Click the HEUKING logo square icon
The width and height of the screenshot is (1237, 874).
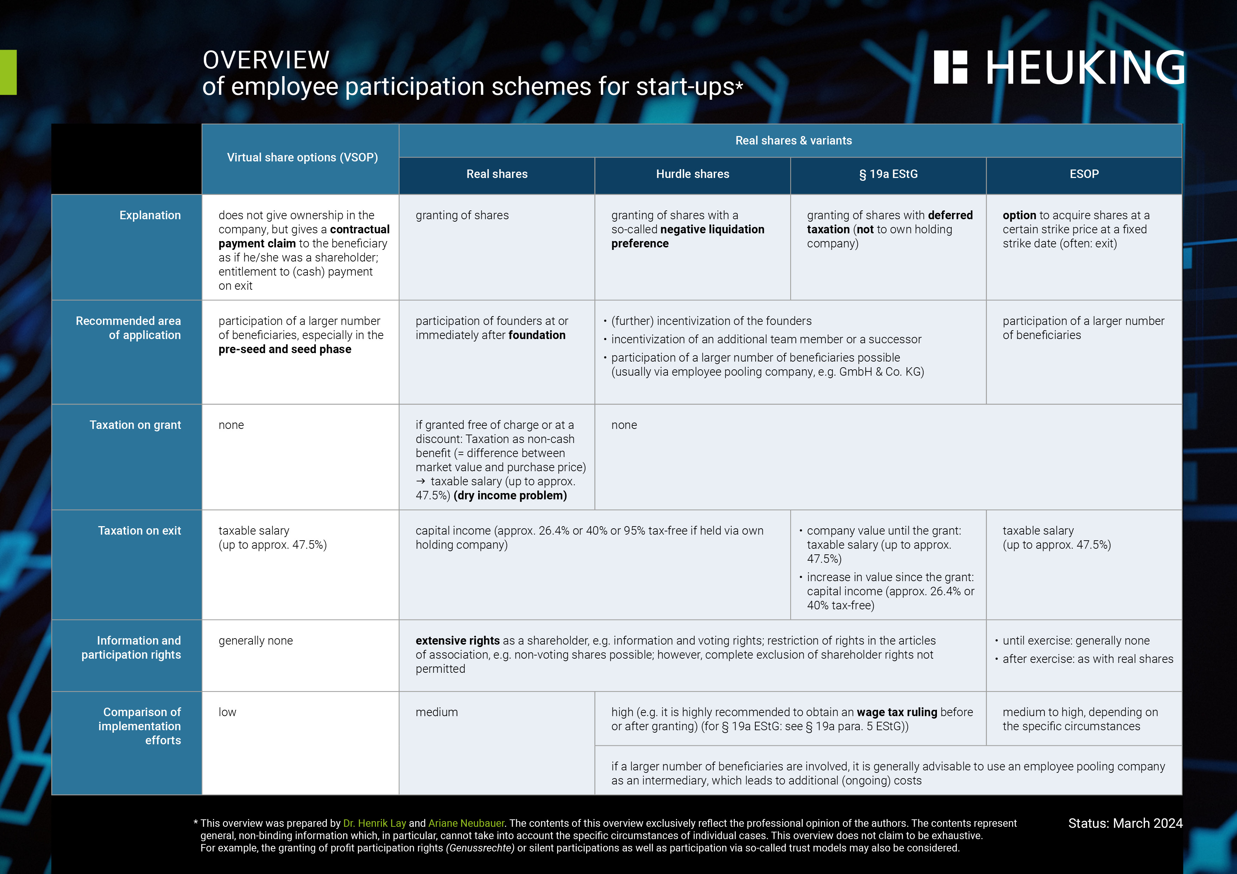950,67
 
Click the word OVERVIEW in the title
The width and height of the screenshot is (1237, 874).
266,60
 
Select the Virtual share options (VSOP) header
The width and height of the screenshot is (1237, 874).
302,157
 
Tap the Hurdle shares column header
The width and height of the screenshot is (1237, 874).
692,174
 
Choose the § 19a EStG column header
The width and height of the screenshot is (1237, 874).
888,174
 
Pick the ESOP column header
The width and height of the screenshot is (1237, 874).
1084,174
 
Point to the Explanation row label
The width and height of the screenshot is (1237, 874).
150,215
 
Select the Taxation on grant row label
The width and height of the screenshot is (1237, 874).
135,425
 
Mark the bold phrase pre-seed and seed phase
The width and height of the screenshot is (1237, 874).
285,350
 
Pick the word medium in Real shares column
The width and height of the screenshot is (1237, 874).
437,712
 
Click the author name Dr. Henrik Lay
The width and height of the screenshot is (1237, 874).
374,823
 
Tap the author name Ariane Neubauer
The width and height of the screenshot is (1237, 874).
466,823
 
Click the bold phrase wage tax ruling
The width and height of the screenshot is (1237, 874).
896,712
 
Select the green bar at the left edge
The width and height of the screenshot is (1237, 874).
8,72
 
